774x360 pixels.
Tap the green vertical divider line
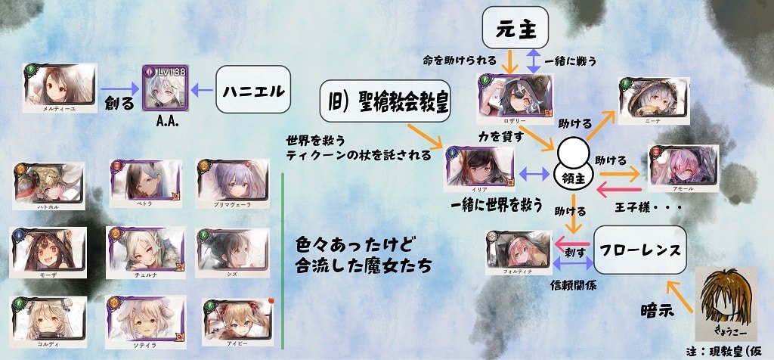282,261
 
